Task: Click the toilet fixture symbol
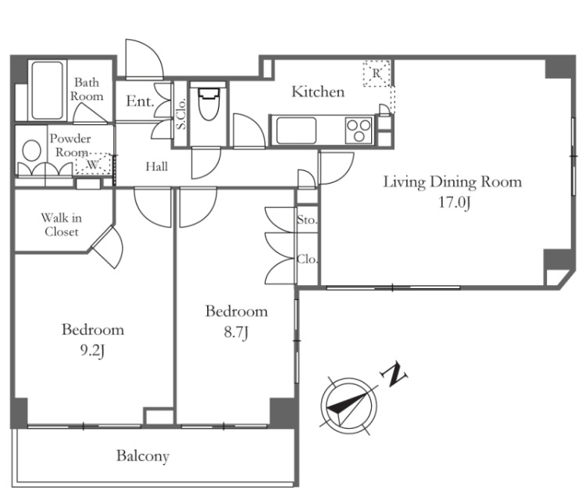[208, 103]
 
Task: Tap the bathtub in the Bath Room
[47, 90]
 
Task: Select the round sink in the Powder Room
[31, 150]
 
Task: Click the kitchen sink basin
[296, 130]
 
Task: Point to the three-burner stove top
[359, 130]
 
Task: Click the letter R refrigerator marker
[377, 73]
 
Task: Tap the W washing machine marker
[92, 165]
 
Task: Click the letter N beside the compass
[394, 374]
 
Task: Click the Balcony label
[143, 456]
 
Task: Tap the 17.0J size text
[455, 203]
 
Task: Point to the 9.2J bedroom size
[92, 351]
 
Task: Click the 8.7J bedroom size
[236, 332]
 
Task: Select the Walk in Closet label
[62, 225]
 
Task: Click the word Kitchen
[318, 91]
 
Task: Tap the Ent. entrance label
[140, 101]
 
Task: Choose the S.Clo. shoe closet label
[181, 113]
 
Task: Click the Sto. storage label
[307, 219]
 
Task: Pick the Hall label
[157, 166]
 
